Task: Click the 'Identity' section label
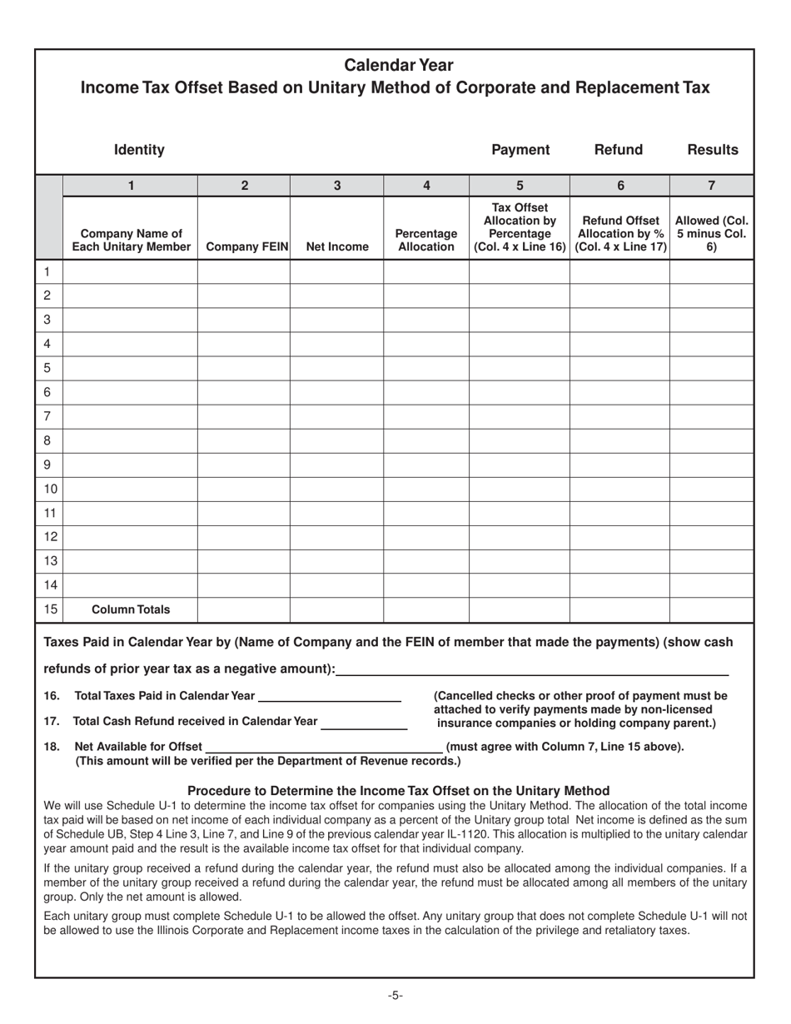click(139, 150)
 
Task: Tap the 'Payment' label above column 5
click(520, 150)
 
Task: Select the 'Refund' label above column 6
click(619, 150)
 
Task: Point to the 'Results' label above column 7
click(713, 150)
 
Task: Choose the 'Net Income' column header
click(337, 247)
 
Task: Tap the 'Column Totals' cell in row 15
click(131, 609)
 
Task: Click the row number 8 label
click(47, 440)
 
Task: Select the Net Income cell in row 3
click(336, 320)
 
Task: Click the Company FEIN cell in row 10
click(243, 489)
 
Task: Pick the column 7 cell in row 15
click(711, 609)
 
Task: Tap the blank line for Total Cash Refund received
click(364, 723)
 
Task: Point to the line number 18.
click(52, 747)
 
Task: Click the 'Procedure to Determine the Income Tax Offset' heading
click(398, 790)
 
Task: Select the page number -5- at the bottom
click(395, 995)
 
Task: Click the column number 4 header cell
click(426, 186)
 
